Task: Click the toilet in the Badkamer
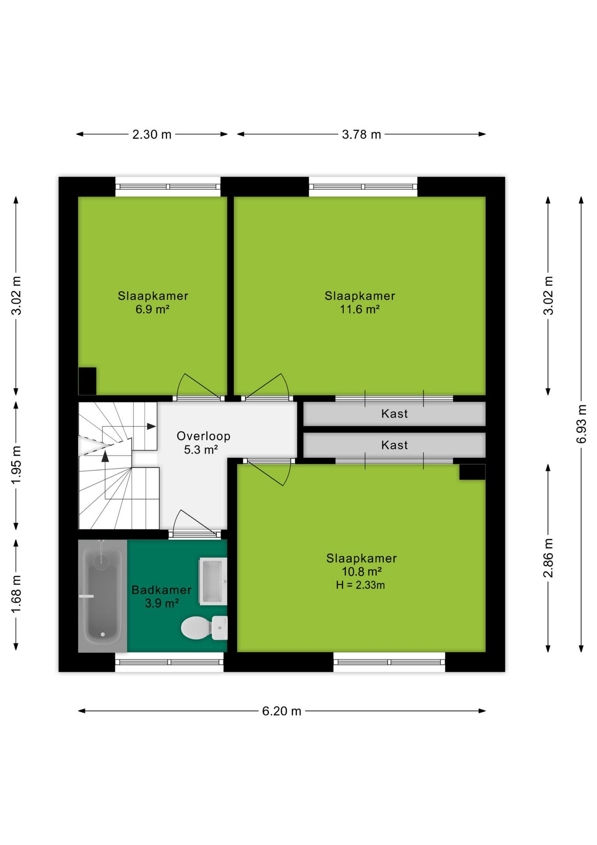(204, 628)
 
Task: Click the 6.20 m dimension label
(282, 711)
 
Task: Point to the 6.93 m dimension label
(581, 424)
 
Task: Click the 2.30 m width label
(152, 134)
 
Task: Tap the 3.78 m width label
(361, 134)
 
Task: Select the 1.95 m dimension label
(16, 465)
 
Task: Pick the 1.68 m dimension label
(16, 594)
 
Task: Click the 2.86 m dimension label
(548, 558)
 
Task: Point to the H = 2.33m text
(360, 585)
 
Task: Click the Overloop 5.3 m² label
(203, 443)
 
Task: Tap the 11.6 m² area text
(360, 309)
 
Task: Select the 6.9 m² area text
(153, 309)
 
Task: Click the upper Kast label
(394, 414)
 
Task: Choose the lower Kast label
(394, 445)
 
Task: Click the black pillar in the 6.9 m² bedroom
(87, 381)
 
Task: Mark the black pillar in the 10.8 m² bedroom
(473, 472)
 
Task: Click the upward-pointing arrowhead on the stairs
(105, 456)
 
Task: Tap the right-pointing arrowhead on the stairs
(152, 426)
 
